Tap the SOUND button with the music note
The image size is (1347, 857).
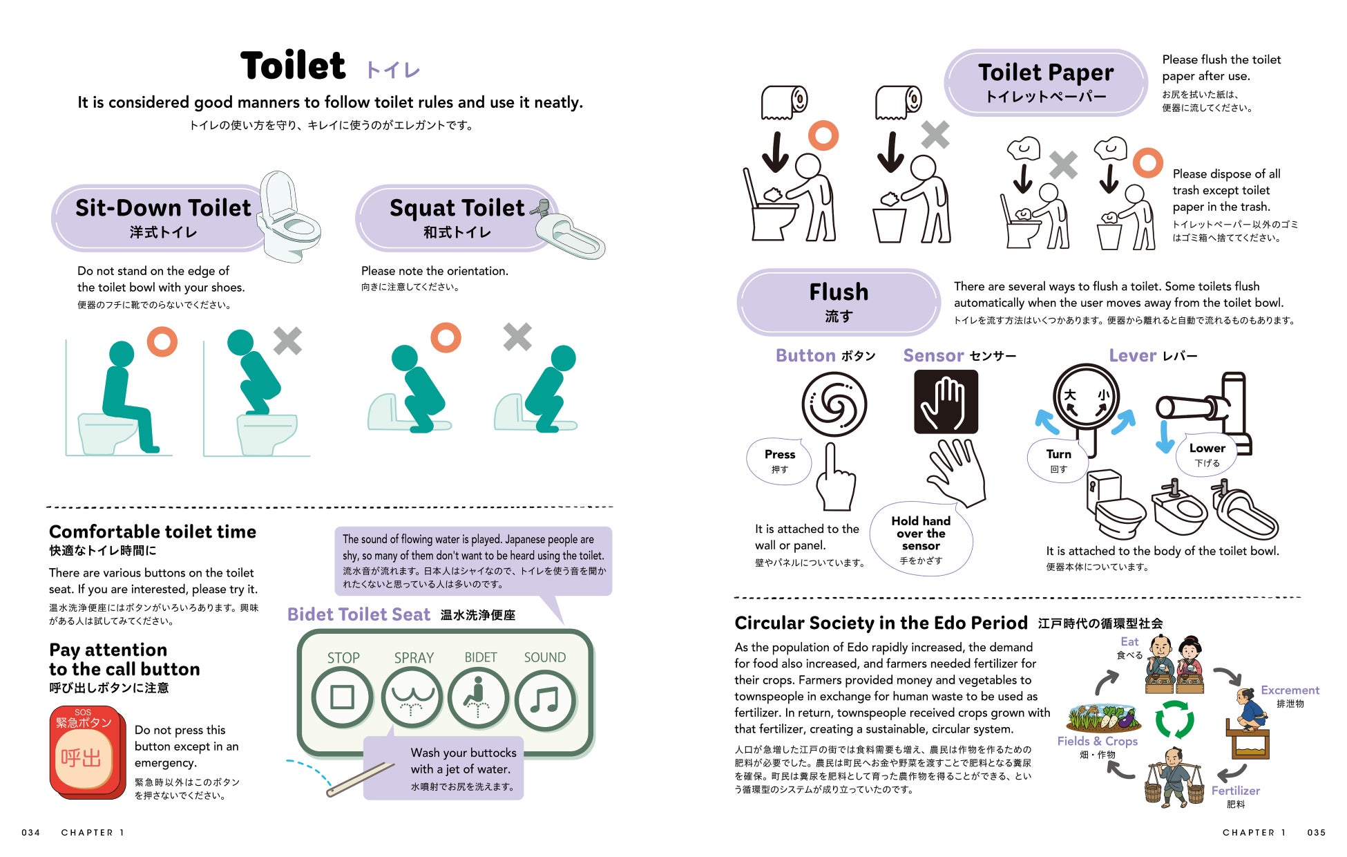(545, 699)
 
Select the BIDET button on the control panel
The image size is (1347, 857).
(478, 698)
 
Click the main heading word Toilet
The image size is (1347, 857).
(293, 66)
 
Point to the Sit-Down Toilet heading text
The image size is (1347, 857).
(163, 207)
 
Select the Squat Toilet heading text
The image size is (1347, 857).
(457, 208)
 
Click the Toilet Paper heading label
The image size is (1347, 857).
(1046, 73)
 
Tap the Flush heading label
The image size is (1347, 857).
(839, 292)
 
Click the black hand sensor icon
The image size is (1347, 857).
(946, 402)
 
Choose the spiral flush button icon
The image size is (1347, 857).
(834, 404)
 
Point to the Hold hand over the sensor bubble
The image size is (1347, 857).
(921, 538)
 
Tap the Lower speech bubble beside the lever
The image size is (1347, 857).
(1207, 454)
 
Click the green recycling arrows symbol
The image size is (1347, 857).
(1174, 719)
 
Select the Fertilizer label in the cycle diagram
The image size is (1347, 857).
(1235, 791)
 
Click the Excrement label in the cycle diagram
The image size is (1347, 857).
(1290, 690)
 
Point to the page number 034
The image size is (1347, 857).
(31, 832)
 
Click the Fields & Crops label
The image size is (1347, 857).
(1097, 741)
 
